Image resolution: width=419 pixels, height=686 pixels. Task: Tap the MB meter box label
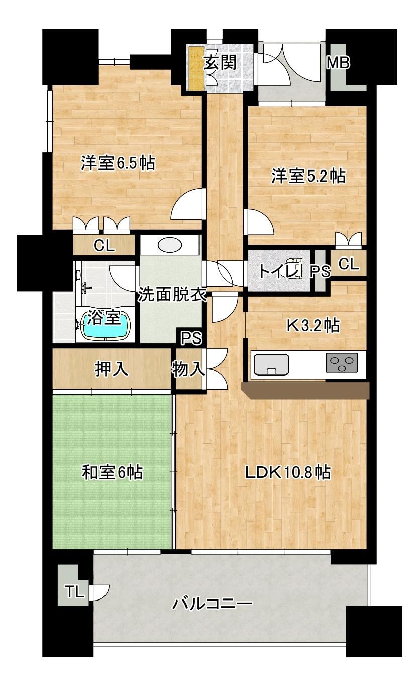click(338, 63)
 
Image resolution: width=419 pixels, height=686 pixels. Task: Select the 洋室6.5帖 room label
click(118, 163)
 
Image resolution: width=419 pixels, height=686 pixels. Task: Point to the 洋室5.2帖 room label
click(308, 176)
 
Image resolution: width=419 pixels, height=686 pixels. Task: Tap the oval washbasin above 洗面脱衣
click(170, 245)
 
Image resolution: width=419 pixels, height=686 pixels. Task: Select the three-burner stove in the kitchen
click(342, 362)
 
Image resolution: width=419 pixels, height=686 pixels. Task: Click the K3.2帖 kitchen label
click(313, 325)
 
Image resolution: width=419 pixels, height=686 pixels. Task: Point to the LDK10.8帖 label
click(288, 472)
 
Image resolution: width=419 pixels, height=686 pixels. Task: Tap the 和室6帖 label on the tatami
click(112, 472)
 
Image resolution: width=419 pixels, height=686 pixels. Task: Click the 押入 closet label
click(112, 369)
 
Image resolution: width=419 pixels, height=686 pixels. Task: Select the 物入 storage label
click(188, 369)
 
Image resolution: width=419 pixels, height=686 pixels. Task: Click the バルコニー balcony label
click(213, 604)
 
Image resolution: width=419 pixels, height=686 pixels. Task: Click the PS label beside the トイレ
click(321, 271)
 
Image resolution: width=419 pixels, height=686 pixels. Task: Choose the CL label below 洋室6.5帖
click(104, 245)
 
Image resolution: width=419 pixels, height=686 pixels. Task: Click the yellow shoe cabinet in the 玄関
click(196, 68)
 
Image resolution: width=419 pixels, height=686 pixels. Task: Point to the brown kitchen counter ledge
click(306, 390)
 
